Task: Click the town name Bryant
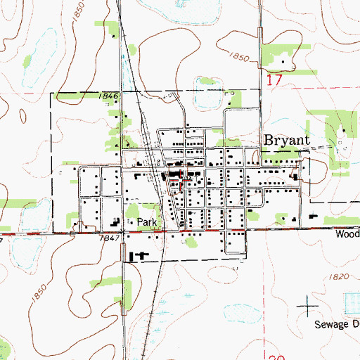pos(286,140)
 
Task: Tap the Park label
pos(146,221)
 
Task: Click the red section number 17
pos(274,81)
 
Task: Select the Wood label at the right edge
pos(347,235)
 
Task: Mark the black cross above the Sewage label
pos(308,306)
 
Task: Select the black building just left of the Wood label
pos(311,220)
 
